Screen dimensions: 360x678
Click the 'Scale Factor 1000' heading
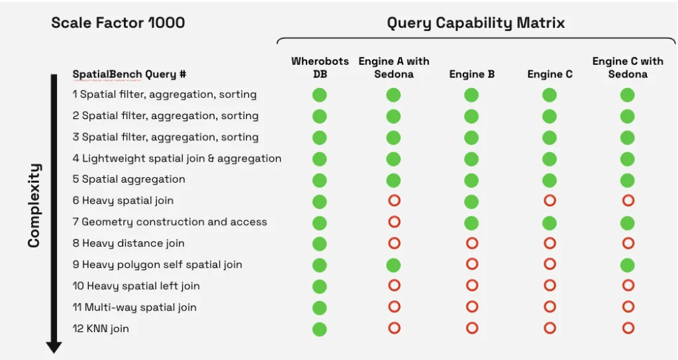pyautogui.click(x=118, y=22)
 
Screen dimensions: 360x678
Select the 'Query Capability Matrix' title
pyautogui.click(x=475, y=23)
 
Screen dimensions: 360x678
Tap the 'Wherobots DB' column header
pyautogui.click(x=320, y=67)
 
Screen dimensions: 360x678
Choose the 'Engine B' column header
pyautogui.click(x=471, y=74)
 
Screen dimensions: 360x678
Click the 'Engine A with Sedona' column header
pyautogui.click(x=393, y=67)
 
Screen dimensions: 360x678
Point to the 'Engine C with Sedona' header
pyautogui.click(x=627, y=67)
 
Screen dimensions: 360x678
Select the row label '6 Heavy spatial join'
pyautogui.click(x=123, y=201)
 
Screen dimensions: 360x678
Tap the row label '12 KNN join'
pyautogui.click(x=101, y=329)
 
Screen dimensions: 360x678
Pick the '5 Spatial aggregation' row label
pyautogui.click(x=129, y=179)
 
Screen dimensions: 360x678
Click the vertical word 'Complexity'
pyautogui.click(x=34, y=205)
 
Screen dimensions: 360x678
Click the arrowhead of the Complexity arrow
pyautogui.click(x=54, y=347)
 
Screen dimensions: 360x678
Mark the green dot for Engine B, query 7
pyautogui.click(x=471, y=223)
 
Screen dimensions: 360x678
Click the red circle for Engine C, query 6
pyautogui.click(x=550, y=201)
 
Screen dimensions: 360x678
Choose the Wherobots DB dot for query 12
pyautogui.click(x=320, y=329)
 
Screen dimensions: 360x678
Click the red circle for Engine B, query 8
pyautogui.click(x=471, y=243)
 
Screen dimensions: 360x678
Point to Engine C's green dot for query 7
pyautogui.click(x=550, y=223)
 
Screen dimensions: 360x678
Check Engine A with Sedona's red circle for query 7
pyautogui.click(x=394, y=222)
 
